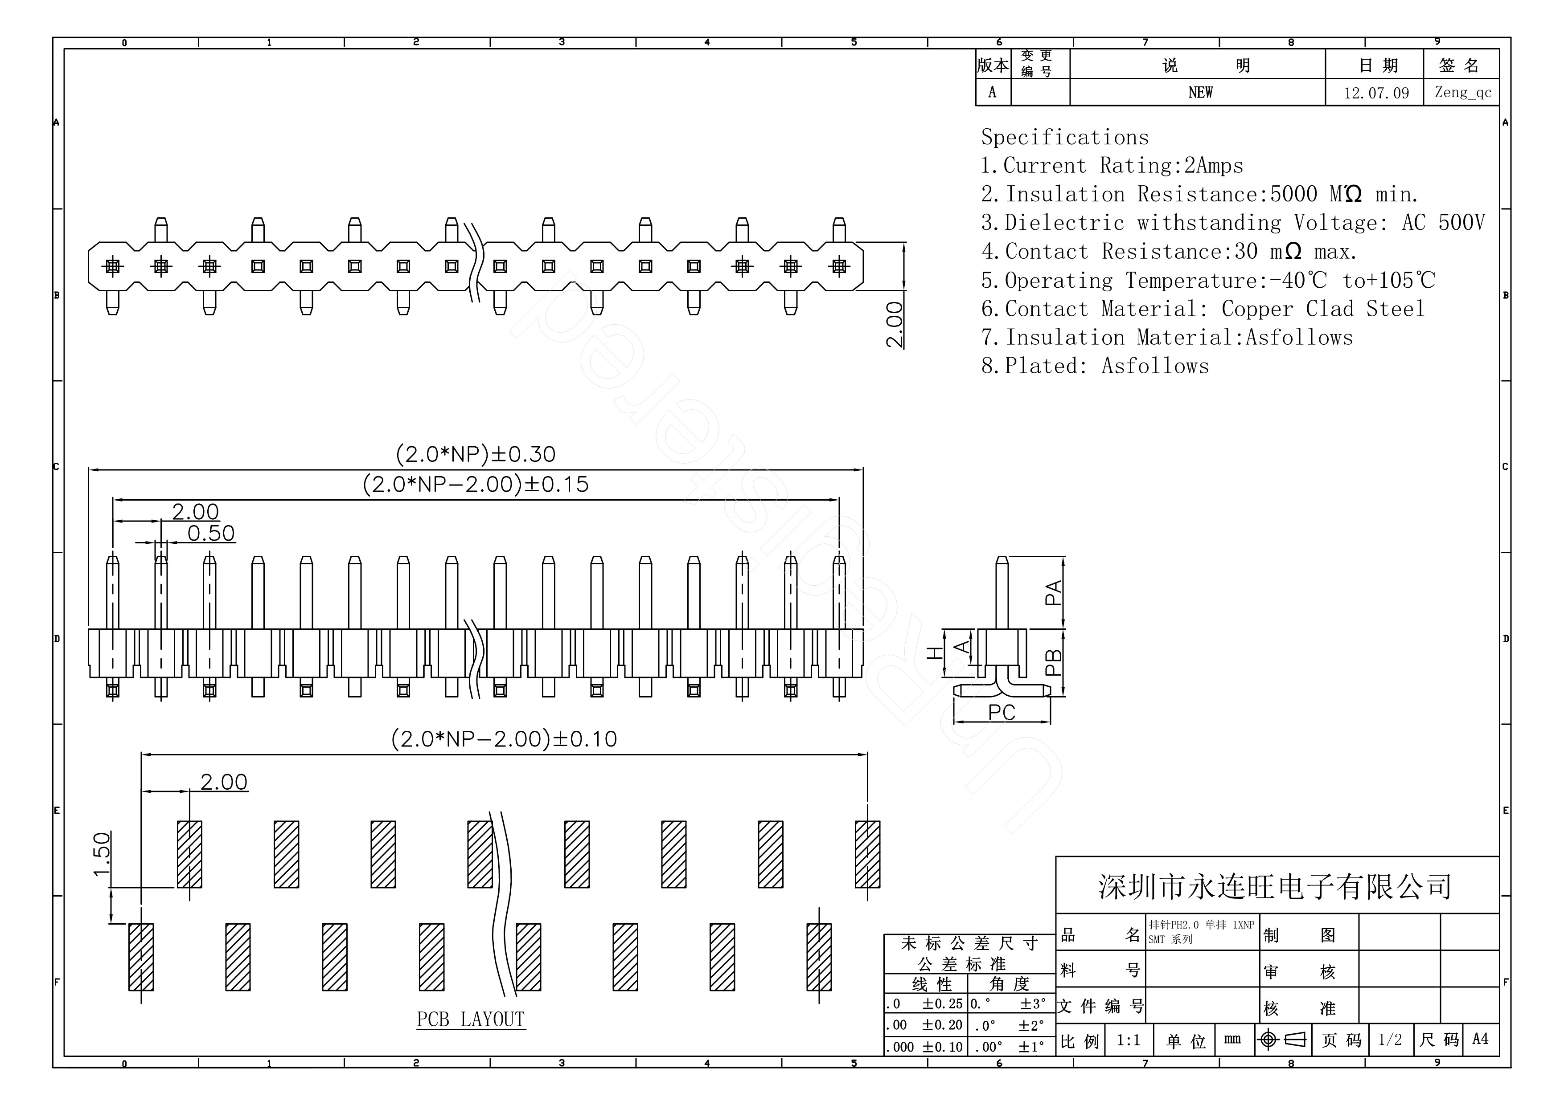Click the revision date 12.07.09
pos(1376,93)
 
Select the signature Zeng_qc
pos(1462,92)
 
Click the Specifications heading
pos(1064,138)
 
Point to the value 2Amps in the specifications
pos(1213,165)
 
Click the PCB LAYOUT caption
pos(470,1019)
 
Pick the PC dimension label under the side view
pos(1002,712)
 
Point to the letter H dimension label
pos(936,652)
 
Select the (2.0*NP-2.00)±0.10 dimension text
pos(503,739)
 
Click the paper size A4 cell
pos(1479,1040)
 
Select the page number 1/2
pos(1390,1040)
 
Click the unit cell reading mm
pos(1231,1040)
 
